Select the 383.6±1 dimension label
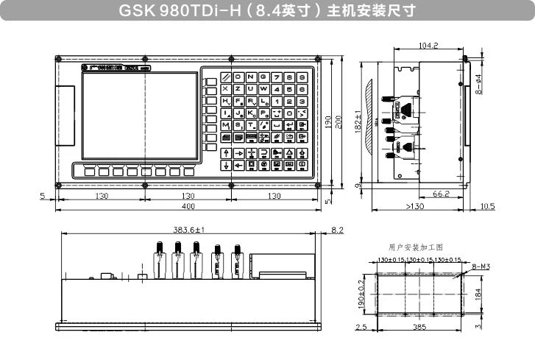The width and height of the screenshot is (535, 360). tap(188, 230)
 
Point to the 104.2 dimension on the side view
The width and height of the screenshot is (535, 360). tap(428, 46)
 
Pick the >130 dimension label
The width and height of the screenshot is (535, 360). tap(414, 206)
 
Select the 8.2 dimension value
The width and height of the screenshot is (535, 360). tap(338, 230)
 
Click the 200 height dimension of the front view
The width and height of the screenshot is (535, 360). tap(339, 121)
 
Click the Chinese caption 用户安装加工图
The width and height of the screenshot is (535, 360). tap(416, 248)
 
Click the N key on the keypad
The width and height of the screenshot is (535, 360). tap(252, 77)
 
